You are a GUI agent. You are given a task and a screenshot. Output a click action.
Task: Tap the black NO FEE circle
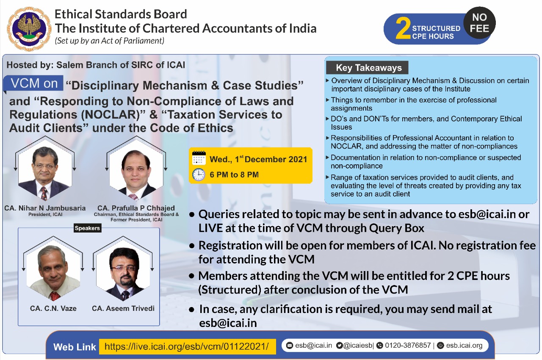[479, 23]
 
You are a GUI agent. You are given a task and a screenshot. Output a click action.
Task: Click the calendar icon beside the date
[199, 158]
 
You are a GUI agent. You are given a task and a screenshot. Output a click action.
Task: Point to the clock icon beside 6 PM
[199, 174]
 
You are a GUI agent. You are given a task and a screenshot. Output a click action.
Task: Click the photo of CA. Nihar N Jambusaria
[44, 173]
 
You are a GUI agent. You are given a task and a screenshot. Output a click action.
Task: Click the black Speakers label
[87, 228]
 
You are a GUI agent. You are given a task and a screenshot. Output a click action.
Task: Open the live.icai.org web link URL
[187, 346]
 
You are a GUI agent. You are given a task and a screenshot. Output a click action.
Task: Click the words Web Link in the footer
[75, 347]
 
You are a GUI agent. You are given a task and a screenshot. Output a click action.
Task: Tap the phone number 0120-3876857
[408, 345]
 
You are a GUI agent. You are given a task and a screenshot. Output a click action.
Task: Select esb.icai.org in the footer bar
[464, 345]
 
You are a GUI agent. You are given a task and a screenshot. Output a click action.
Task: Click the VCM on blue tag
[34, 83]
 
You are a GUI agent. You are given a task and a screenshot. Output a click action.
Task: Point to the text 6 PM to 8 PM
[234, 174]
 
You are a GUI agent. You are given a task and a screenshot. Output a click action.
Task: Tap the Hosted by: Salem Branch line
[96, 65]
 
